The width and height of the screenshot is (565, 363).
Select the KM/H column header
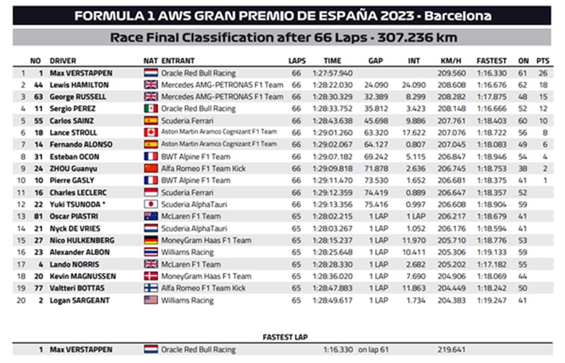(451, 61)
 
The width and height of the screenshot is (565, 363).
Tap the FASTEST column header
(491, 61)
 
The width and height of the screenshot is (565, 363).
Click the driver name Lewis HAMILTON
(79, 85)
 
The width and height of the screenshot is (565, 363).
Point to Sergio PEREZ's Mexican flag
(151, 109)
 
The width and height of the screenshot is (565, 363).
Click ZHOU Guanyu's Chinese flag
(151, 168)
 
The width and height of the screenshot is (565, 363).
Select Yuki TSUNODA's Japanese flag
(151, 204)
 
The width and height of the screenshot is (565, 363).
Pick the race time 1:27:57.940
(332, 73)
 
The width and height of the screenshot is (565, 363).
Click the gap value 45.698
(376, 121)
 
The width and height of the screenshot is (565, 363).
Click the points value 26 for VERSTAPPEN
(543, 73)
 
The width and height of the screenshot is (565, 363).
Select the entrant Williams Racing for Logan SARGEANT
(187, 300)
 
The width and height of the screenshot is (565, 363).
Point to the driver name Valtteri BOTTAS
(77, 288)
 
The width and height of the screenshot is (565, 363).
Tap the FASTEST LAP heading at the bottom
(285, 337)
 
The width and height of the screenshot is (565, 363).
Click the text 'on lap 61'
(373, 350)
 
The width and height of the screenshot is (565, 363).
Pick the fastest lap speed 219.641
(451, 350)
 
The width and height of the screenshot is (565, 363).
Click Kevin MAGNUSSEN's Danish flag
(151, 276)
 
